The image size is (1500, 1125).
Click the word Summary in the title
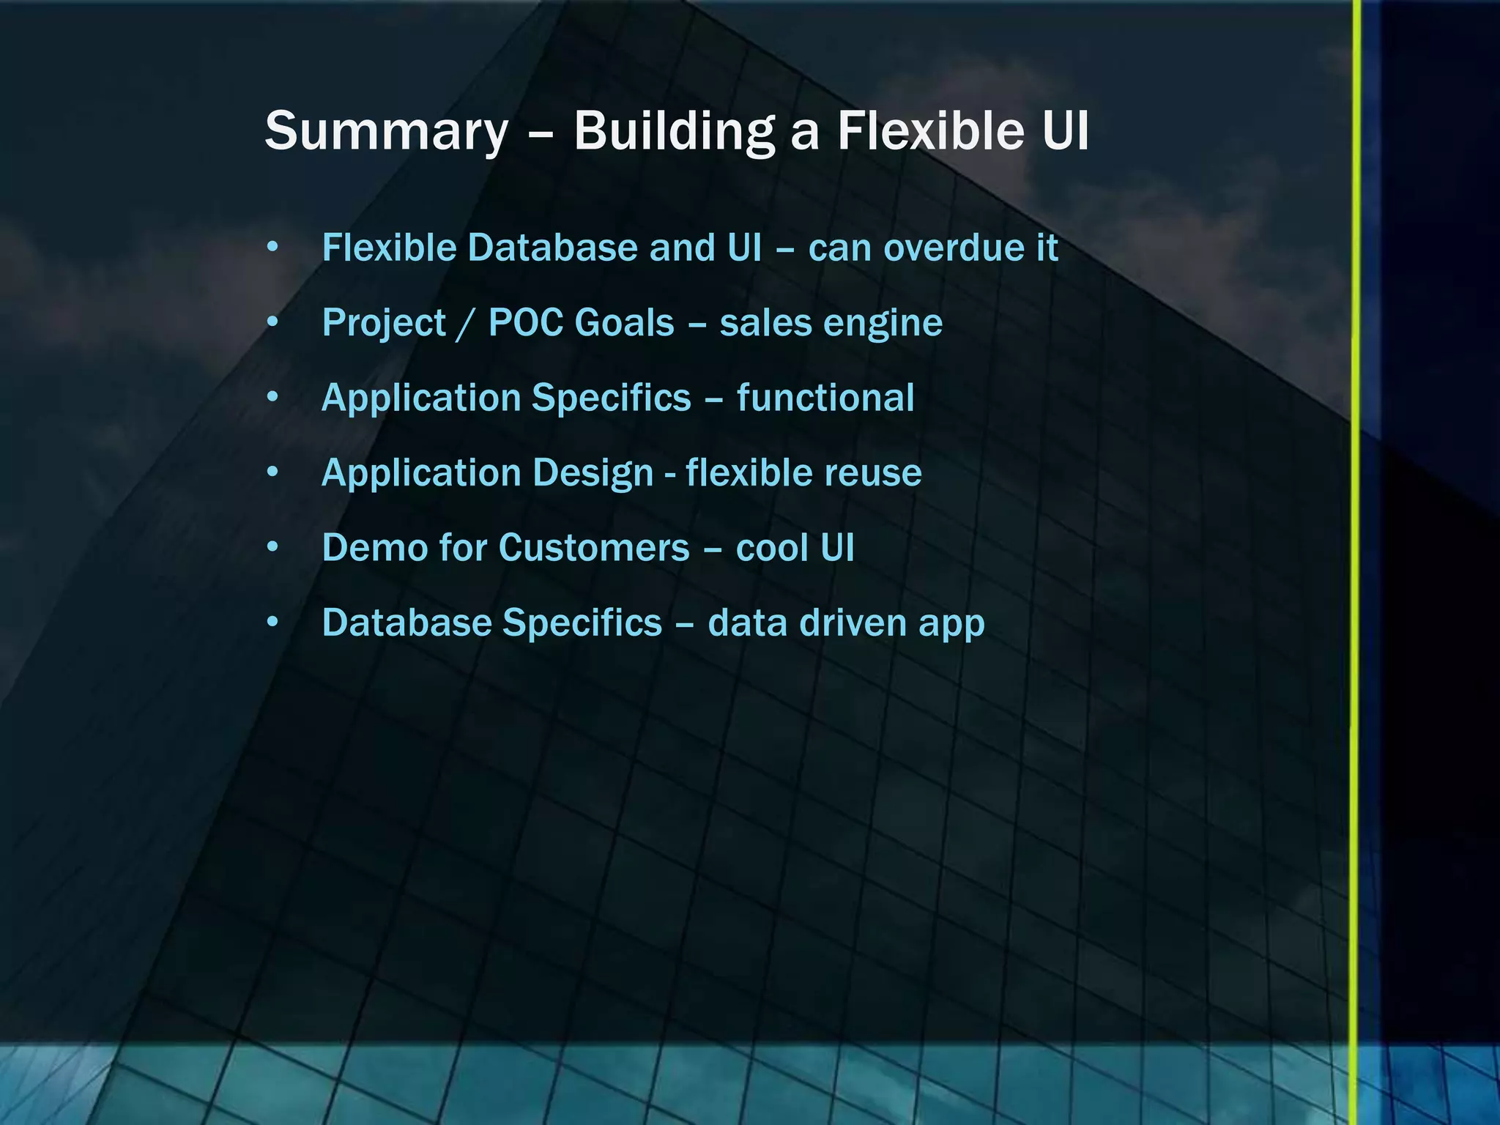[x=386, y=132]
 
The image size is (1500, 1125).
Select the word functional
[x=825, y=398]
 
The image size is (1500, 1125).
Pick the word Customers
[x=594, y=548]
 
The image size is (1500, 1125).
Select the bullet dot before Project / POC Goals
[x=272, y=322]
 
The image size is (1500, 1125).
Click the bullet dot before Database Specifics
[x=272, y=623]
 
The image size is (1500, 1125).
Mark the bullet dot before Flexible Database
[x=272, y=248]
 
